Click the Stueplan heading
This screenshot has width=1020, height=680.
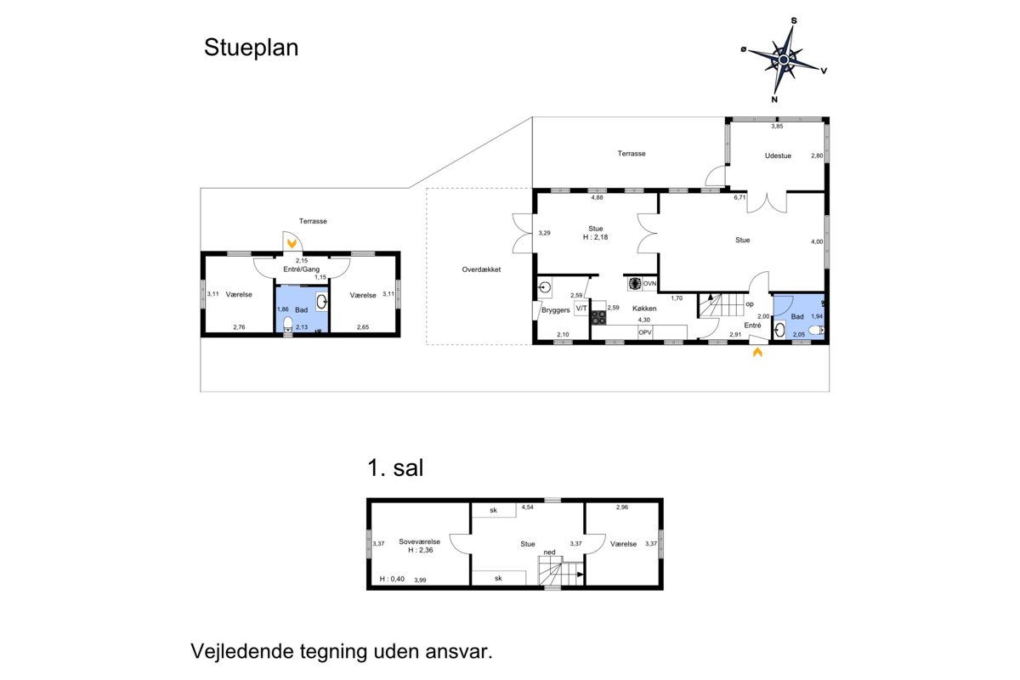[251, 48]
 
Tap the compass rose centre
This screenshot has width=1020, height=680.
[783, 59]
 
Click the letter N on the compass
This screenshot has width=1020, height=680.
[774, 99]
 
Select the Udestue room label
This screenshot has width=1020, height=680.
[778, 156]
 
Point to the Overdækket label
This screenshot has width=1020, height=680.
[481, 269]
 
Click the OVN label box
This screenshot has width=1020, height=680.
[649, 284]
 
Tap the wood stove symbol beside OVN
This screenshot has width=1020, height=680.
[635, 284]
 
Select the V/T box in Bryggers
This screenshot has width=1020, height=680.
[581, 309]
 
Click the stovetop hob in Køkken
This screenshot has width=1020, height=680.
[598, 317]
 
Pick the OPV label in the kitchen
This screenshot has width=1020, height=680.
[645, 332]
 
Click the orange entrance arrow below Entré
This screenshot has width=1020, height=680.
[757, 352]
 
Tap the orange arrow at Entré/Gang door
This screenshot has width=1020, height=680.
[292, 244]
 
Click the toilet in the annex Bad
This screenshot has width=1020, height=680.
[288, 324]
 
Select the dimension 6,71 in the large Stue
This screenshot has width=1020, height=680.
[739, 198]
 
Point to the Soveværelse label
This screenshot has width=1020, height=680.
[419, 541]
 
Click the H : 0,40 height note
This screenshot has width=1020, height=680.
[392, 579]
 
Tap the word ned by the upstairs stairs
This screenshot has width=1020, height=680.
[550, 552]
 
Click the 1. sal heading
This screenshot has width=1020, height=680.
[395, 468]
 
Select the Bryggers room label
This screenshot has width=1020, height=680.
[556, 310]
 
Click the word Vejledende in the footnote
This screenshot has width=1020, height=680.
[242, 651]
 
